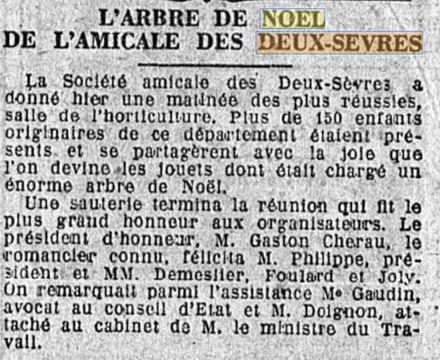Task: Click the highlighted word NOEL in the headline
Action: click(x=292, y=19)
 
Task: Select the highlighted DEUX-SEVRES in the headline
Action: click(x=339, y=43)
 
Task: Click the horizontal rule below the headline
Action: click(x=215, y=65)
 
